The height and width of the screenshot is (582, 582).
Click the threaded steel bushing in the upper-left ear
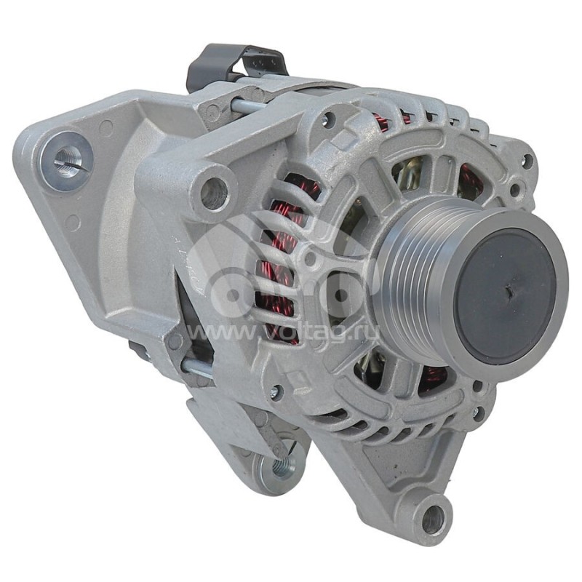pyautogui.click(x=66, y=161)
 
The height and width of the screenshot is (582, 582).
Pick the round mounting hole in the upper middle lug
pyautogui.click(x=213, y=192)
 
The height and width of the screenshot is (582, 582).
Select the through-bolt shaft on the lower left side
pyautogui.click(x=196, y=367)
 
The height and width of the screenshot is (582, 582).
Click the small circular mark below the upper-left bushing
pyautogui.click(x=72, y=222)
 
